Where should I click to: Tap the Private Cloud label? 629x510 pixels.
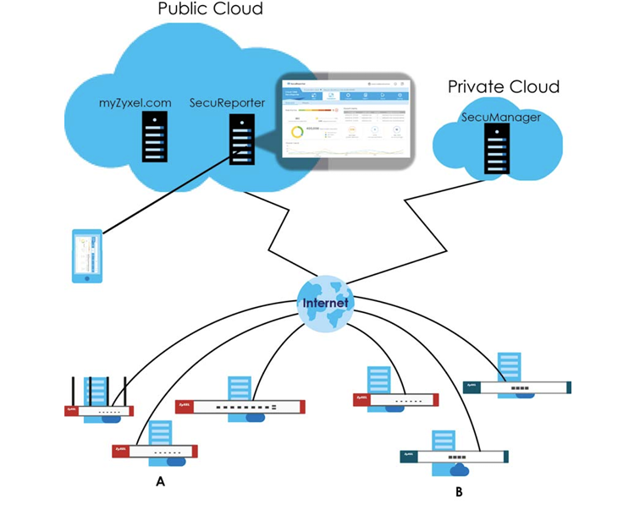[503, 87]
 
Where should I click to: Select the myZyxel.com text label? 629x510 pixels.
[135, 103]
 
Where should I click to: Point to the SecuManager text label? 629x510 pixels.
[501, 118]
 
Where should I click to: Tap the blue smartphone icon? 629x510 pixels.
[88, 256]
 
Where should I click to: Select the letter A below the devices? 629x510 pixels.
[159, 481]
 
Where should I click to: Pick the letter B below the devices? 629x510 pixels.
[458, 489]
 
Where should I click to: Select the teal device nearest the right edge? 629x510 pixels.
[516, 387]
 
